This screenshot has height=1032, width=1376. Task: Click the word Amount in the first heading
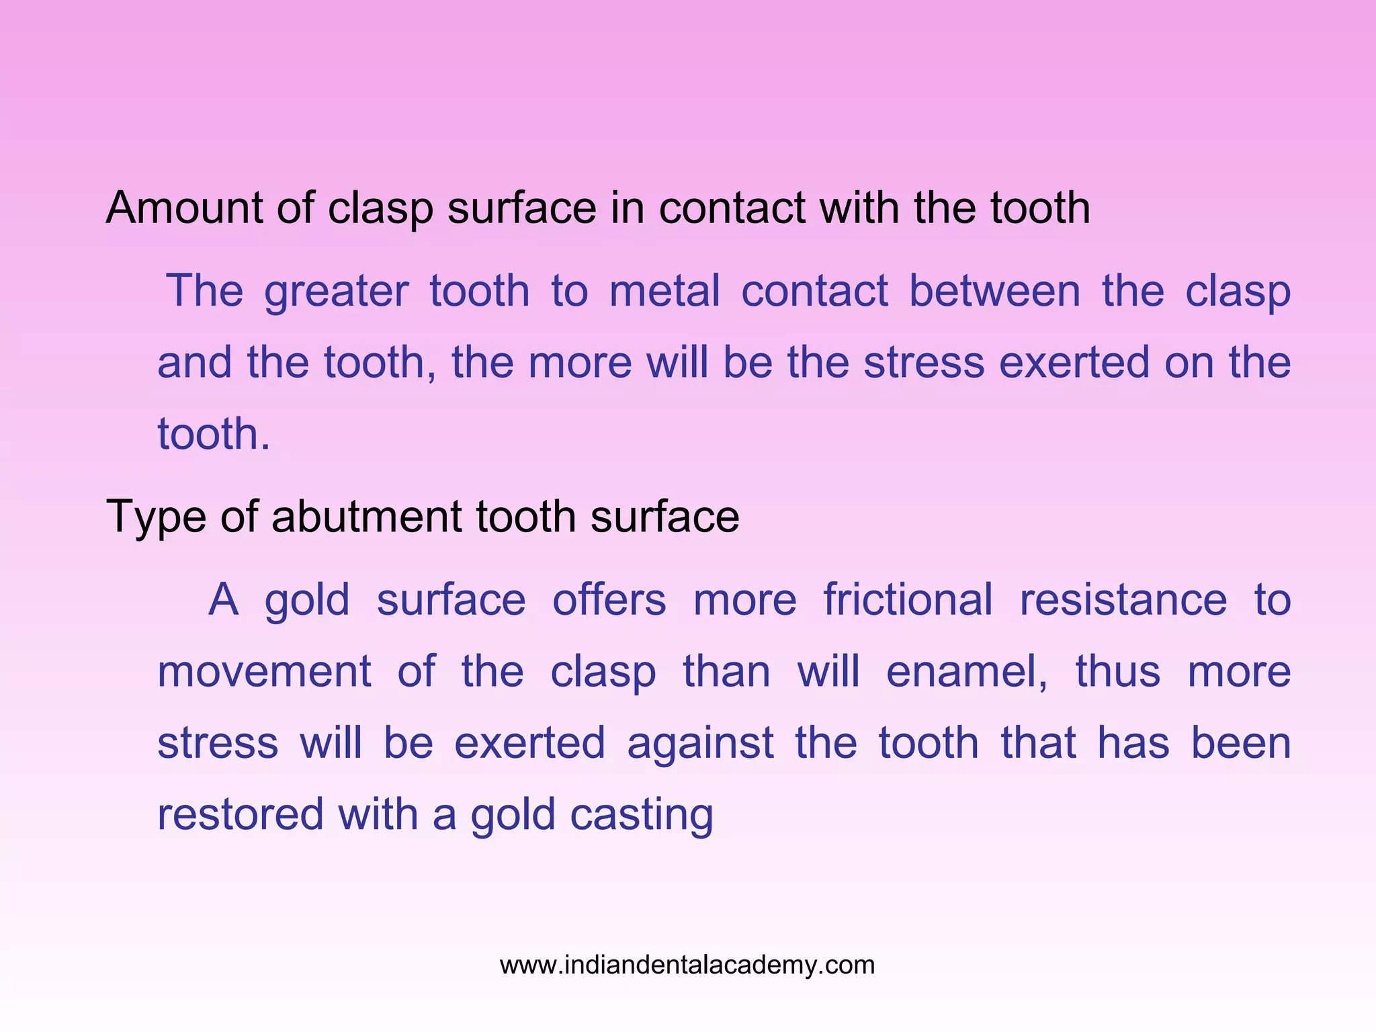[x=184, y=208]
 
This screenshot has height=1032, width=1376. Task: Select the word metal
[x=664, y=291]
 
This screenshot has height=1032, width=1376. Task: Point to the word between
[x=994, y=291]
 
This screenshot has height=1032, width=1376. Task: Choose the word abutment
[x=367, y=517]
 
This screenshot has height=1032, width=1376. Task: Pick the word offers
[x=609, y=599]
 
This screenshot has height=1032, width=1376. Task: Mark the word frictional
[x=908, y=599]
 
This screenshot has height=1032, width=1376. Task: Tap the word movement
[x=264, y=671]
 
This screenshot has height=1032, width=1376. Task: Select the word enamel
[x=966, y=671]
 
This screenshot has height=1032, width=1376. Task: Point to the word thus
[x=1118, y=671]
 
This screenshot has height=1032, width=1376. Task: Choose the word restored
[x=241, y=814]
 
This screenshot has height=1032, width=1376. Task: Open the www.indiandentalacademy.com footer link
[x=687, y=965]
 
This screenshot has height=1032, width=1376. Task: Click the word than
[x=726, y=671]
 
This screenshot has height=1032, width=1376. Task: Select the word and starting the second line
[x=196, y=363]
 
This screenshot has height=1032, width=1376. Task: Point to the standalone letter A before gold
[x=224, y=599]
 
